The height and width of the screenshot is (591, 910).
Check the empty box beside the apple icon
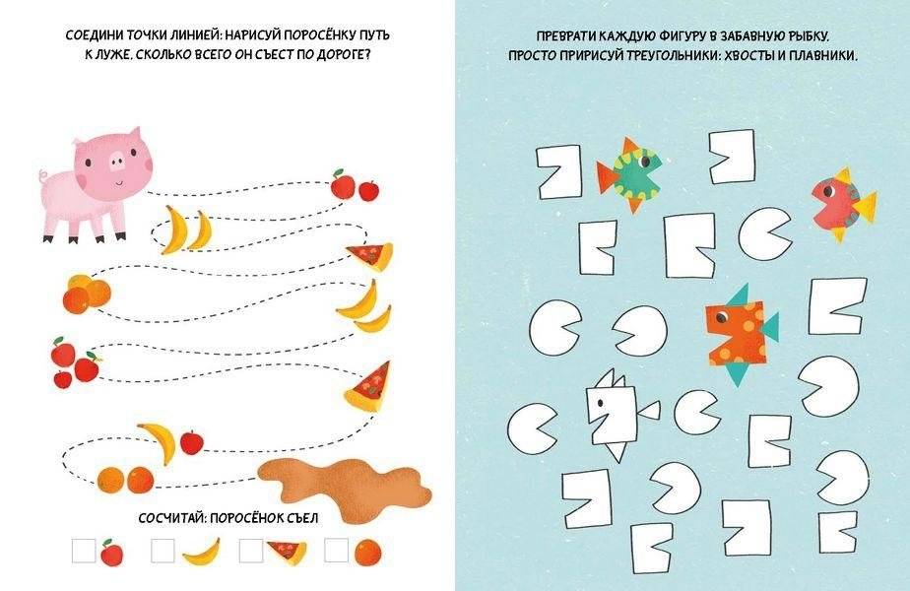(85, 550)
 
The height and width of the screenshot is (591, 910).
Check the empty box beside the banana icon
(164, 550)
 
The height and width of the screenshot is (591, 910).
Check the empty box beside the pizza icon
(250, 550)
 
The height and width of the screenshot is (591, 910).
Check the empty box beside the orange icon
(337, 550)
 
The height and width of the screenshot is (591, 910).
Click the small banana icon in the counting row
(201, 551)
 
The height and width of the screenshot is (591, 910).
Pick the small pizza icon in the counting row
(286, 550)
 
